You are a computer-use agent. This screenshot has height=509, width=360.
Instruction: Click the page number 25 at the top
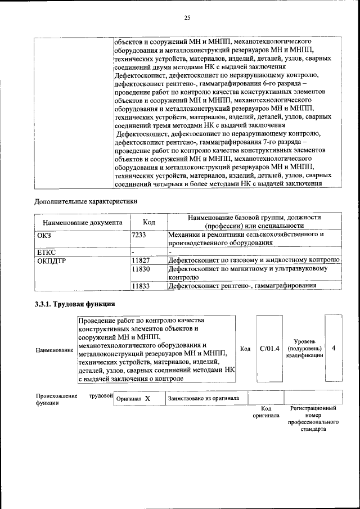tap(187, 18)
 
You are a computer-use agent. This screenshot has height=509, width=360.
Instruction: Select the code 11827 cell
tap(140, 260)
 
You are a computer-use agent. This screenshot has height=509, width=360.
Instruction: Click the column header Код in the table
tap(148, 222)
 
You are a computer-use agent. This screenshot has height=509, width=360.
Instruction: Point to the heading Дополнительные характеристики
tap(85, 200)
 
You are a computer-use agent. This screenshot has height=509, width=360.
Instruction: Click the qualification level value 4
tap(334, 349)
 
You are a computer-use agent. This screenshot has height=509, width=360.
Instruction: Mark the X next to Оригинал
tap(147, 398)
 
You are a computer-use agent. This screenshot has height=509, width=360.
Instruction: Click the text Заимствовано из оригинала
tap(203, 398)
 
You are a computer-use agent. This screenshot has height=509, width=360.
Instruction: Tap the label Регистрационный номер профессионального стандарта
tap(313, 421)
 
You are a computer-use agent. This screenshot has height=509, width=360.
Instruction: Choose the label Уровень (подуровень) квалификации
tap(304, 349)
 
